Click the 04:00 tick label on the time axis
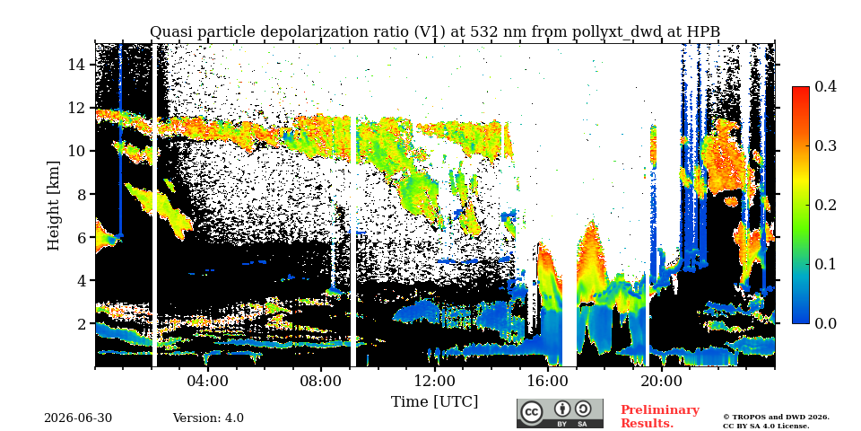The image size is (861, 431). tap(208, 381)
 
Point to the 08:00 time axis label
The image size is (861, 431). tap(321, 381)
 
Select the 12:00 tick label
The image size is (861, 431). tap(434, 381)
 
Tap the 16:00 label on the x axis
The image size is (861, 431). tap(547, 381)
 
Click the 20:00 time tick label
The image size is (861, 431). tap(661, 381)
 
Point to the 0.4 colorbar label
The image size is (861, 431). tap(825, 87)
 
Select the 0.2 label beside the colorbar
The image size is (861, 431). tap(825, 205)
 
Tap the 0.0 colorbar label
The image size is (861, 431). tap(825, 323)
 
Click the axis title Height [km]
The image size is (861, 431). tap(53, 206)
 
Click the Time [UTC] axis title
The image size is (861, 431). tap(434, 402)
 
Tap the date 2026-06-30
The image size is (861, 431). tap(78, 418)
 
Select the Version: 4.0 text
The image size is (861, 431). tap(208, 418)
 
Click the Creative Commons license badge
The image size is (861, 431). tap(560, 413)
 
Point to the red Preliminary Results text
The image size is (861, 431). tap(660, 416)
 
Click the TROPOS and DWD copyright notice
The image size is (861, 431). tap(776, 421)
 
